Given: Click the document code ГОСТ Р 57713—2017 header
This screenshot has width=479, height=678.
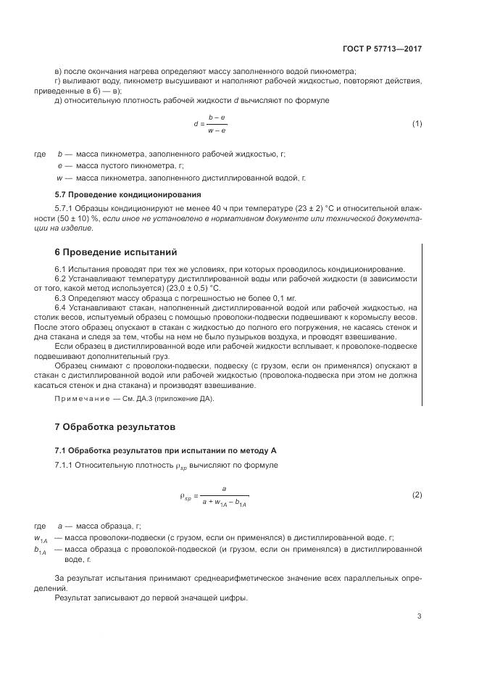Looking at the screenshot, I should pyautogui.click(x=381, y=49).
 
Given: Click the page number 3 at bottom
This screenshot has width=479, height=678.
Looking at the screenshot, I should pyautogui.click(x=419, y=616).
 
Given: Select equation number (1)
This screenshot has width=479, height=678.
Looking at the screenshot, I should pyautogui.click(x=417, y=123).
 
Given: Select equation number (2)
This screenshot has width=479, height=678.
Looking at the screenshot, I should pyautogui.click(x=417, y=495).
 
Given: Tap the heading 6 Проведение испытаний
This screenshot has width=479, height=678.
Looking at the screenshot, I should pyautogui.click(x=116, y=252).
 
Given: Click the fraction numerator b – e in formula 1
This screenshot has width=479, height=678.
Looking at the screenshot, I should pyautogui.click(x=217, y=117).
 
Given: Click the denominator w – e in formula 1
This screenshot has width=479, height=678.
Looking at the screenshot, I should pyautogui.click(x=217, y=131).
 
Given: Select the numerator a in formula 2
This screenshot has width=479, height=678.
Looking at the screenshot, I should pyautogui.click(x=225, y=489).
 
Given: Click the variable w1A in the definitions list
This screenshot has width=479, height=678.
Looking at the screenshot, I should pyautogui.click(x=41, y=539).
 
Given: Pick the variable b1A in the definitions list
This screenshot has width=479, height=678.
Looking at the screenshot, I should pyautogui.click(x=41, y=551).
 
